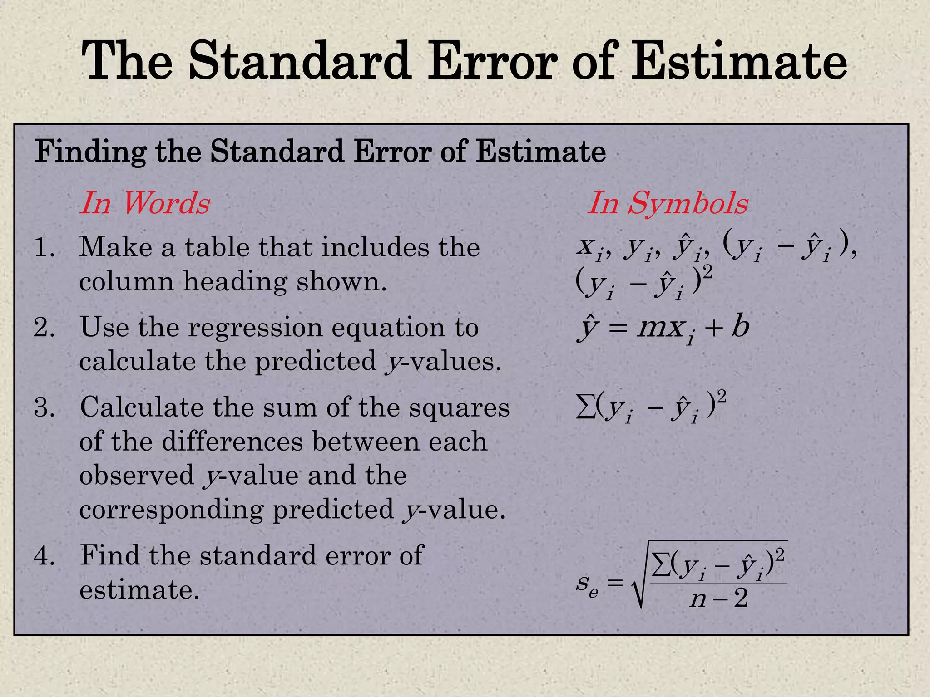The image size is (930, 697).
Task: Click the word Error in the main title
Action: [493, 61]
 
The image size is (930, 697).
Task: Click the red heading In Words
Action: [145, 203]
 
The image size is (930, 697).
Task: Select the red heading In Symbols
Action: [668, 203]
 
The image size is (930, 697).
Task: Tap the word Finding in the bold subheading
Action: [90, 152]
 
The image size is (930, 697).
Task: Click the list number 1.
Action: [44, 248]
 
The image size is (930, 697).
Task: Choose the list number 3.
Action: [44, 407]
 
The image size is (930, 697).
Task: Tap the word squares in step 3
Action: [459, 407]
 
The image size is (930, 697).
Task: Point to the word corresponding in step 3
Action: [171, 510]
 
